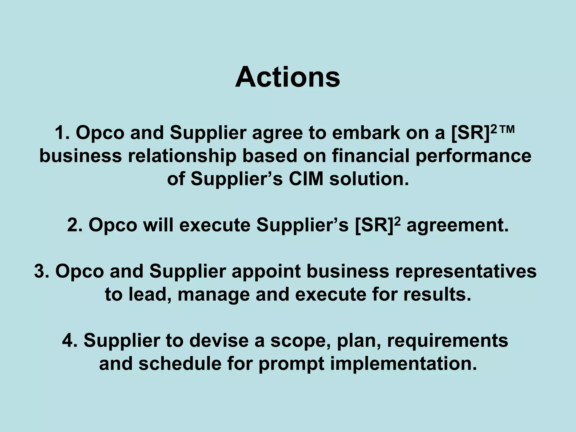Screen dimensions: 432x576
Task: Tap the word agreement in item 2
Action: click(x=458, y=225)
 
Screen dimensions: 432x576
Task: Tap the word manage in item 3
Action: click(x=214, y=294)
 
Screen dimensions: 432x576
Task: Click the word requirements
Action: click(x=447, y=340)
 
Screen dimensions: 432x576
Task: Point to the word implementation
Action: click(x=403, y=364)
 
